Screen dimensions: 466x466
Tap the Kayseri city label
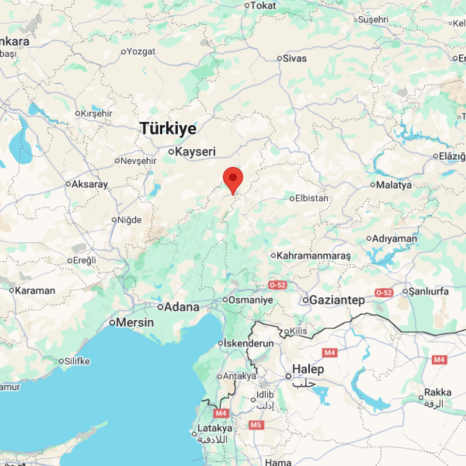tap(195, 151)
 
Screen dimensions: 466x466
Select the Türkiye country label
tap(168, 128)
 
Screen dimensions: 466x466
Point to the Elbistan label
tap(311, 198)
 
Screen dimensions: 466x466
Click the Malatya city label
tap(393, 185)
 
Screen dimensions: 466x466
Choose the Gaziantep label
tap(337, 300)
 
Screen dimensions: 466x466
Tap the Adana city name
tap(182, 307)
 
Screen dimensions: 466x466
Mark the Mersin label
tap(135, 322)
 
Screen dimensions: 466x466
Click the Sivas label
tap(295, 58)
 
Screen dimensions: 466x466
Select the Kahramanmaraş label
tap(314, 256)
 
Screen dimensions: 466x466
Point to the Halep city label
tap(308, 369)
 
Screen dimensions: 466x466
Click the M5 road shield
tap(256, 425)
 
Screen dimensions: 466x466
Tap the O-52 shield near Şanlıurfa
tap(384, 293)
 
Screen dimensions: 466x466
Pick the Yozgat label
tap(141, 51)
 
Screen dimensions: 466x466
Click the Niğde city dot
tap(115, 220)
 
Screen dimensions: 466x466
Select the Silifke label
tap(77, 361)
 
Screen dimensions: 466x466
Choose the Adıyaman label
tap(395, 238)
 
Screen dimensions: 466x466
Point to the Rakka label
tap(438, 392)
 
